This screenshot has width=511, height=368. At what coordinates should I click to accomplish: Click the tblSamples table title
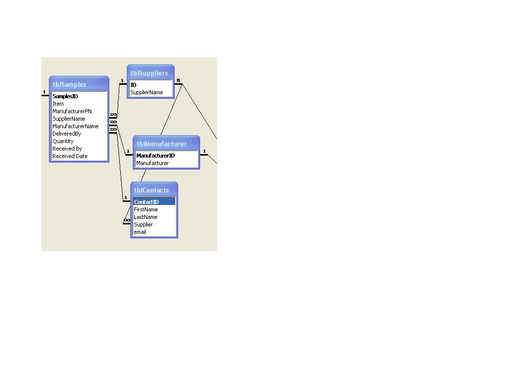70,85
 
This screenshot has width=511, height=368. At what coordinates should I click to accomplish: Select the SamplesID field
65,96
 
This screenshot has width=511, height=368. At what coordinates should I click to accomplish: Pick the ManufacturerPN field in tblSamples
72,111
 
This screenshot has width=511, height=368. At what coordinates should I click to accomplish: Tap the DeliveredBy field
66,134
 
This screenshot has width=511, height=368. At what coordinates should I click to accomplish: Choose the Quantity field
63,141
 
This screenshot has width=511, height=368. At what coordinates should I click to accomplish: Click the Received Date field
70,156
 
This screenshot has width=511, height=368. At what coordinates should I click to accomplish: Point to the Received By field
67,149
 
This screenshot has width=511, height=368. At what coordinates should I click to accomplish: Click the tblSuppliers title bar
149,73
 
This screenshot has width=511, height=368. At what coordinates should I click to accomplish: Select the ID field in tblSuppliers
133,85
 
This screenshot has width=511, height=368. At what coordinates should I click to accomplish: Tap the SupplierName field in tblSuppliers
146,92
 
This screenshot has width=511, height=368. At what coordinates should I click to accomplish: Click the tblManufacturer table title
162,144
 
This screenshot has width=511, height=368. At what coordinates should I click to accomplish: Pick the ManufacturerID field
155,156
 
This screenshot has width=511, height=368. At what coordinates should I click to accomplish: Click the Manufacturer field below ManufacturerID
153,163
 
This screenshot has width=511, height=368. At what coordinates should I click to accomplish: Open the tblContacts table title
152,190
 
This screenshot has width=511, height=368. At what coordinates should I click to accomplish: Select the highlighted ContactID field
146,202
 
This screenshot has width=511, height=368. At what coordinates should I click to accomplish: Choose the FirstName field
146,209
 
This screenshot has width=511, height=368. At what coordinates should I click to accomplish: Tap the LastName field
145,217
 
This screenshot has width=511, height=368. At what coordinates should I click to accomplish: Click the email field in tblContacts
140,232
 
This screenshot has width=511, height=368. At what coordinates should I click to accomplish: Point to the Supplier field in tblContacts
143,224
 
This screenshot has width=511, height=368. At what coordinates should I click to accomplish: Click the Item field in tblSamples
58,104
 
